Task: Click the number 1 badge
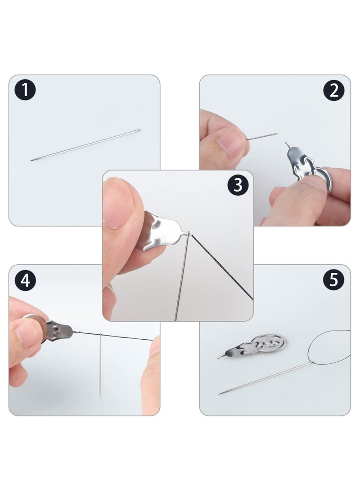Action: pos(25,90)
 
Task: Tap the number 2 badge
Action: pos(334,90)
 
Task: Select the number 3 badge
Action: pos(238,185)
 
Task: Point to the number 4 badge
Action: pos(25,280)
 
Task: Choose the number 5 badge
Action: pos(334,279)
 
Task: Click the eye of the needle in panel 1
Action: pos(137,131)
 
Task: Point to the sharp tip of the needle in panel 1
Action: pos(31,160)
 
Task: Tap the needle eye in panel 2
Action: pos(275,134)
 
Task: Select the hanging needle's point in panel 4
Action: pos(100,398)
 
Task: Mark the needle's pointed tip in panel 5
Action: pos(220,393)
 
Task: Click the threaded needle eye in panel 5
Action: pos(312,363)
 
